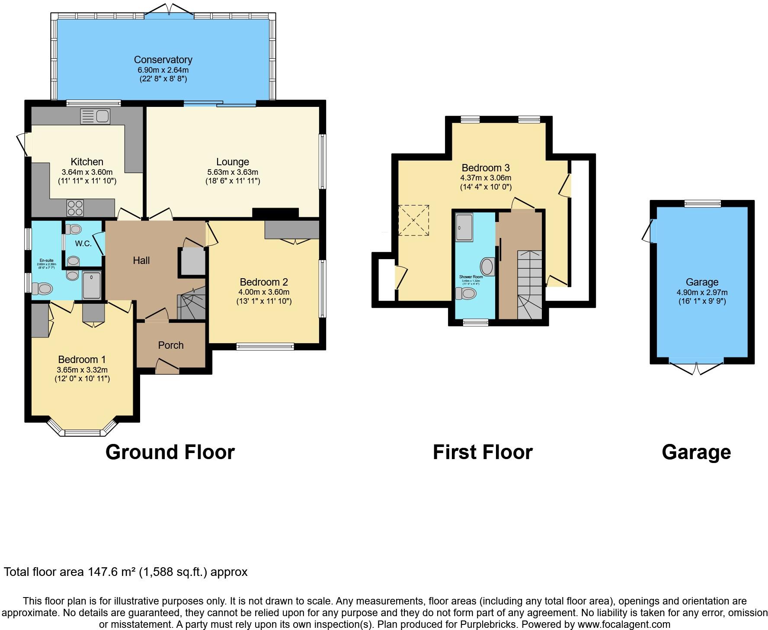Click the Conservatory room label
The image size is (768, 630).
(x=163, y=60)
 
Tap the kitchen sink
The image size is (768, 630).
(x=96, y=116)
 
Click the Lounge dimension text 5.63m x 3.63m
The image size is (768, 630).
(x=232, y=172)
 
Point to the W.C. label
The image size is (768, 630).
(x=83, y=244)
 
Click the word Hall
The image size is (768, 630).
(x=141, y=260)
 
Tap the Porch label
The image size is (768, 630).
(x=171, y=345)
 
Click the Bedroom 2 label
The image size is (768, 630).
(x=264, y=282)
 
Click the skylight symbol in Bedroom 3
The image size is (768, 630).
(x=413, y=220)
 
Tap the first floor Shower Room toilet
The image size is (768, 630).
(x=467, y=294)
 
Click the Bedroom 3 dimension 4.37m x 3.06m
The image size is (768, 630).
(x=486, y=177)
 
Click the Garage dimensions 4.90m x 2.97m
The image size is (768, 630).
(x=702, y=292)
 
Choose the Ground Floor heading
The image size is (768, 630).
(x=170, y=452)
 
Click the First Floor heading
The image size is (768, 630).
(x=483, y=452)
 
